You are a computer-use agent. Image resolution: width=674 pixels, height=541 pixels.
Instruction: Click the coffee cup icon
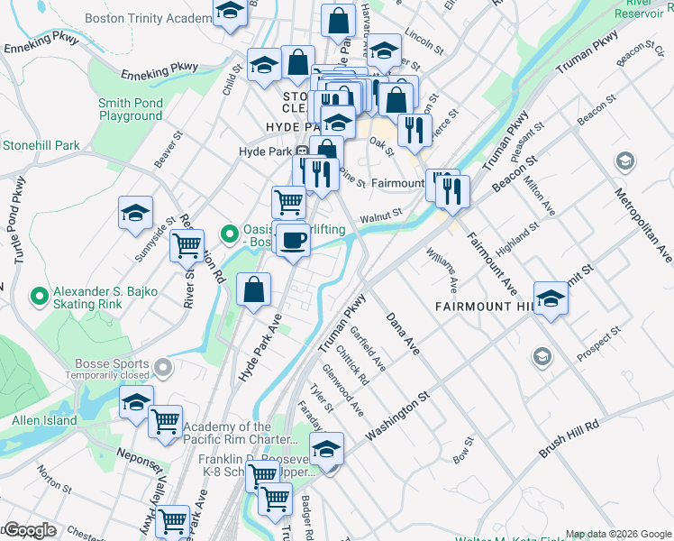292,239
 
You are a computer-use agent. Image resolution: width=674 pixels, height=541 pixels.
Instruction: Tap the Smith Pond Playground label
131,110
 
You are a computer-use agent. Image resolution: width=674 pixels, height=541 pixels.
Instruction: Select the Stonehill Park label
41,145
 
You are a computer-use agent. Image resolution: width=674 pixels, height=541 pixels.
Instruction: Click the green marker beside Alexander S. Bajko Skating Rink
38,295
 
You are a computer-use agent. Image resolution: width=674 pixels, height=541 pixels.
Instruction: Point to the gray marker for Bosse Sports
163,367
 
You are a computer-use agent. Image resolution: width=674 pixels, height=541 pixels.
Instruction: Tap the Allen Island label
44,420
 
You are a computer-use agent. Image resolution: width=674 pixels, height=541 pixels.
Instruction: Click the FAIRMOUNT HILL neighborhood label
486,307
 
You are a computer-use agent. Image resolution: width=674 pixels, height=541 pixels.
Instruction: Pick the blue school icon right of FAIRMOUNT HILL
551,298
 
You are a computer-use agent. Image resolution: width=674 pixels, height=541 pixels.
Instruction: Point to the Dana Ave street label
403,334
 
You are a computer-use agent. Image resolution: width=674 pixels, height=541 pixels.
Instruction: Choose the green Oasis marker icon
230,236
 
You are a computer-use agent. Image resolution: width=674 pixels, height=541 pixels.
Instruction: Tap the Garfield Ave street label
368,348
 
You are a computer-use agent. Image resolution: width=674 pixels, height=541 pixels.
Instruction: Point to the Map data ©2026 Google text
618,534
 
